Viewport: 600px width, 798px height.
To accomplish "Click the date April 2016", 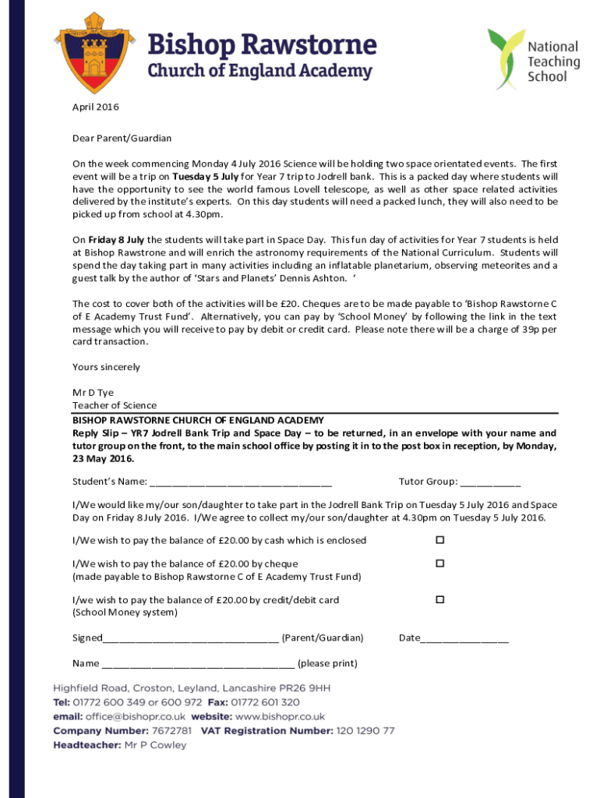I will click(x=96, y=107).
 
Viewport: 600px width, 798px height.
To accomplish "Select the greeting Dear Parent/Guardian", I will click(x=122, y=138).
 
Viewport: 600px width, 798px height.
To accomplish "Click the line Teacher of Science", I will click(x=114, y=405).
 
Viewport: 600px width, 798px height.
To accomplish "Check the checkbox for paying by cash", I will click(x=439, y=540).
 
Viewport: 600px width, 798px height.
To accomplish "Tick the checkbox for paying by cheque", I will click(x=439, y=563).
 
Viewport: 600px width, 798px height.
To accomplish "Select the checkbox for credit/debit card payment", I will click(x=439, y=599).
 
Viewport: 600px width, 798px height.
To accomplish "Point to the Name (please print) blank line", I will click(x=198, y=665).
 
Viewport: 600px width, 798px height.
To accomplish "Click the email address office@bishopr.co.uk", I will click(x=136, y=716).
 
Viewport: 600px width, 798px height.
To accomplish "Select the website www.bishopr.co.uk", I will click(x=280, y=716).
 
